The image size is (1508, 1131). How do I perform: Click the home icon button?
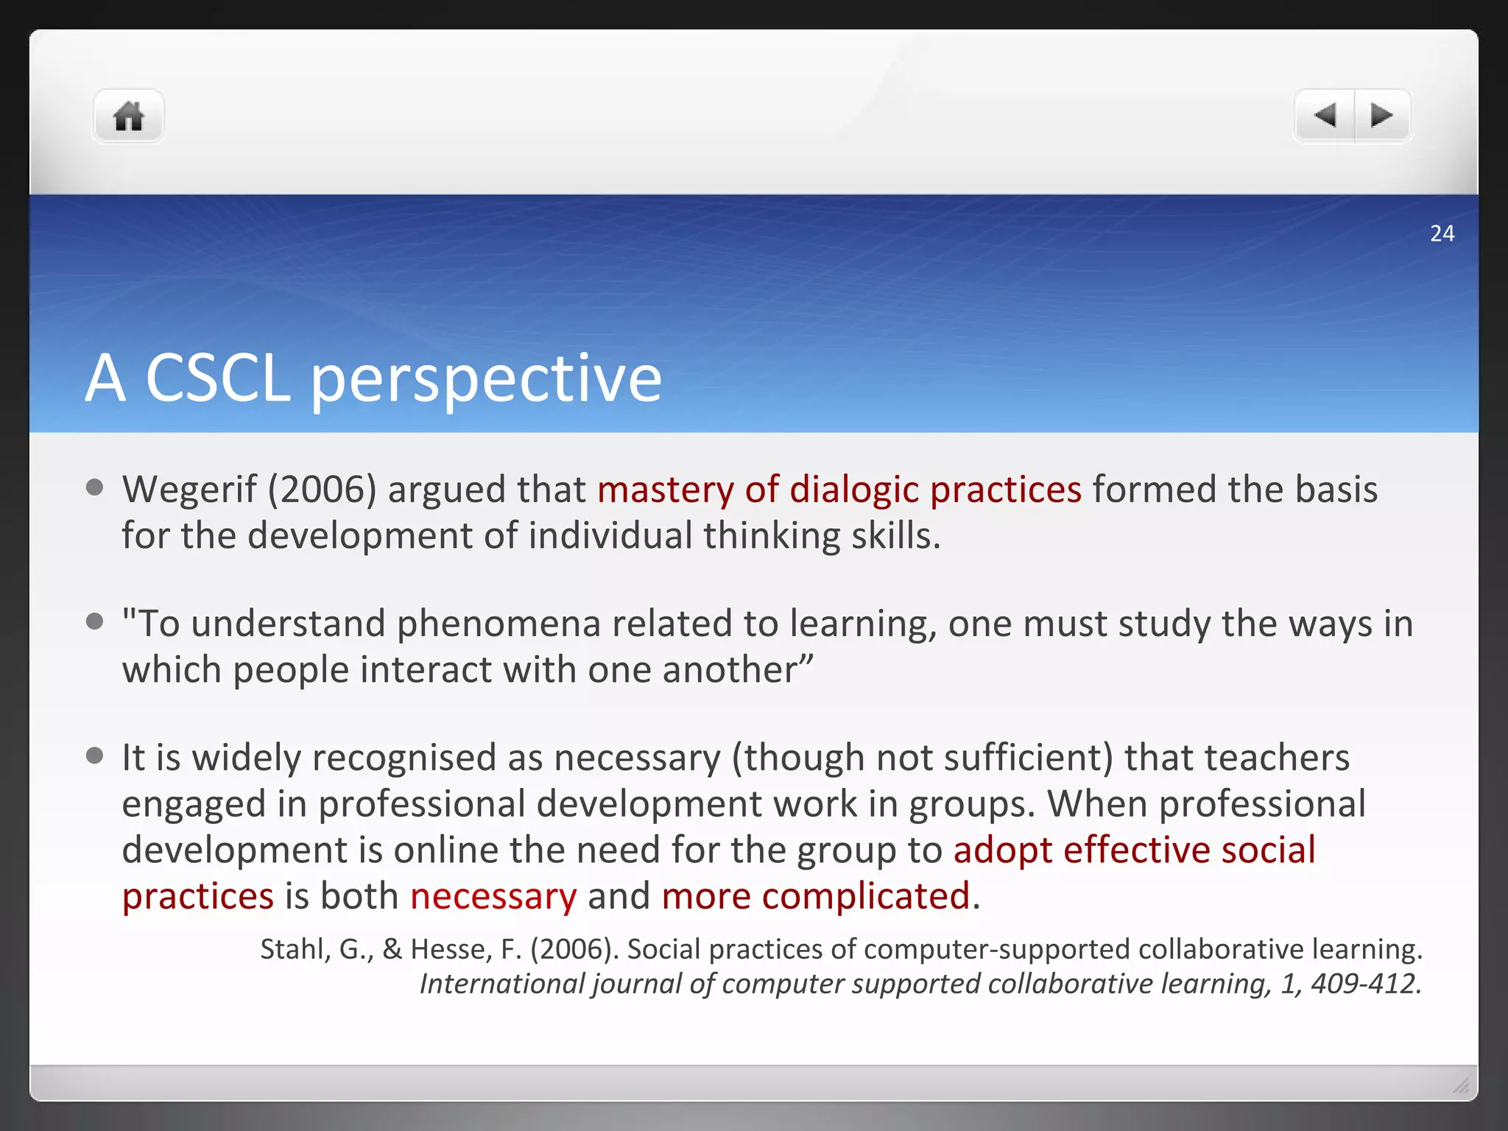(128, 116)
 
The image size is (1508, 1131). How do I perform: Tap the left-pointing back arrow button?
(1325, 116)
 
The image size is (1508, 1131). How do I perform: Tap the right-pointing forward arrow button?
(1381, 116)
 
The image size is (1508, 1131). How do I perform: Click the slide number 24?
(1442, 233)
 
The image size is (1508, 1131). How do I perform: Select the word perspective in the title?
(486, 380)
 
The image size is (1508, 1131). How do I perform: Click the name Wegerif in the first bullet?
(189, 490)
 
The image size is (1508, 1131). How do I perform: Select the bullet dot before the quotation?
(94, 621)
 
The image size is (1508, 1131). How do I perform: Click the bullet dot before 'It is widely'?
(94, 755)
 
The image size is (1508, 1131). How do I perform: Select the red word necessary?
(493, 897)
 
